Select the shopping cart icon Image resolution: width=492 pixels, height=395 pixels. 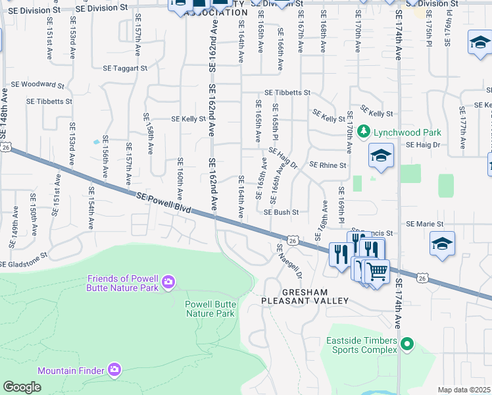pos(376,271)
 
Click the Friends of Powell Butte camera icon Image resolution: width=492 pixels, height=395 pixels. pos(168,282)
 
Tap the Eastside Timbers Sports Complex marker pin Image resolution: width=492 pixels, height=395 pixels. pos(407,344)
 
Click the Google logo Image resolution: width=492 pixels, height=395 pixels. pos(22,387)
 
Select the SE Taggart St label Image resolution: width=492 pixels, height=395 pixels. pos(125,68)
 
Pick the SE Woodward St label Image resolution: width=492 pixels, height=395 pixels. pos(37,85)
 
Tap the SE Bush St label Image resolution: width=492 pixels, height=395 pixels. pos(282,213)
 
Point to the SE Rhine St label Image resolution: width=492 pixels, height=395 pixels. pos(328,165)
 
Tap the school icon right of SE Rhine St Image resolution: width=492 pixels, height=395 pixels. pos(381,156)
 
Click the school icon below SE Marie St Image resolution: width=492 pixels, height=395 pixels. pos(443,243)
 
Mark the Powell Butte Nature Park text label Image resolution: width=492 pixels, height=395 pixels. pos(209,309)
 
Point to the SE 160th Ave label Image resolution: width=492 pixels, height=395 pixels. pos(180,178)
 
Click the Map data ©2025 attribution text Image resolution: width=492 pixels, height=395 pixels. pos(464,390)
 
